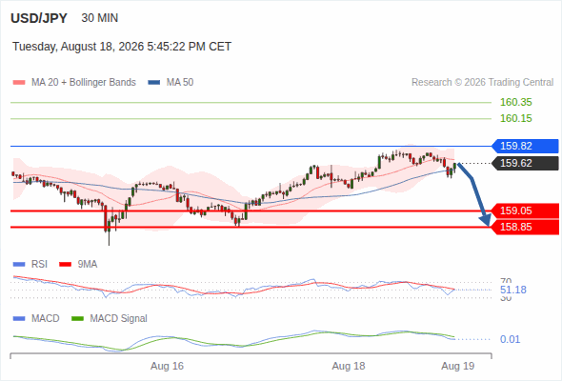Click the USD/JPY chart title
pos(39,18)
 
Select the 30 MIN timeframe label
pos(100,18)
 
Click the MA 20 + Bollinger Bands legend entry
pos(74,83)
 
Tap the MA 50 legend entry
pos(171,83)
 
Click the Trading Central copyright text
pos(482,83)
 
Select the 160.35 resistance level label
pos(516,102)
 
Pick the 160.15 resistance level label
pos(516,118)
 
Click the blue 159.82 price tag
pos(525,146)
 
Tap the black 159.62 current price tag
pos(525,163)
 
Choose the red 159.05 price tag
pos(525,211)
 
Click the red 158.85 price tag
pos(525,227)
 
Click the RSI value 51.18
pos(513,290)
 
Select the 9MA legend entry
pos(78,265)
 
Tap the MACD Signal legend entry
pos(110,318)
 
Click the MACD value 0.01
pos(510,339)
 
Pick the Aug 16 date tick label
pos(167,366)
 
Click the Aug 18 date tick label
pos(349,366)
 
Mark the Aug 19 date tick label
pos(458,366)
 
